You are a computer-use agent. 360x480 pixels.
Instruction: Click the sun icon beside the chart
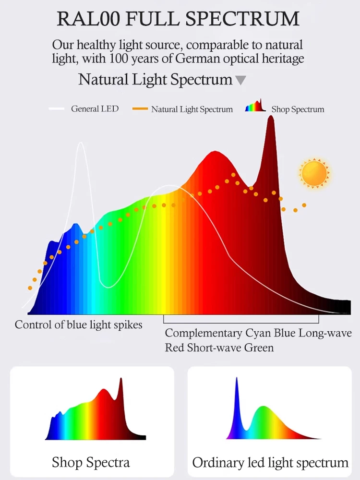click(314, 173)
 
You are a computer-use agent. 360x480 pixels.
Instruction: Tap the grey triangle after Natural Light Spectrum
click(240, 80)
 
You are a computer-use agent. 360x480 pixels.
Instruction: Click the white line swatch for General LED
click(57, 109)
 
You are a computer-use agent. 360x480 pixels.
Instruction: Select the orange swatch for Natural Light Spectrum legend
click(140, 109)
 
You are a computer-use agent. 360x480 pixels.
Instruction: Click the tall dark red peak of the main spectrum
click(270, 120)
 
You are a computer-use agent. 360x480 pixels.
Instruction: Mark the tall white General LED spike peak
click(80, 144)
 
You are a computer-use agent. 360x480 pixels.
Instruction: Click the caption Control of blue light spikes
click(79, 325)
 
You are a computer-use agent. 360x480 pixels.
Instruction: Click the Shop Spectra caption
click(91, 463)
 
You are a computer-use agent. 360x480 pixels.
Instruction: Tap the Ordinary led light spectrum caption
click(270, 463)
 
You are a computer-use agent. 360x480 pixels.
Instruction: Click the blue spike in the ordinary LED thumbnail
click(237, 384)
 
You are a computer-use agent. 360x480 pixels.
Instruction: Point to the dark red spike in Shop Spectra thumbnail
click(120, 384)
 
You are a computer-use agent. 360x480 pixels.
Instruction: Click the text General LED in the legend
click(95, 109)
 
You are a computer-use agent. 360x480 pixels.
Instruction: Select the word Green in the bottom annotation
click(259, 347)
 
